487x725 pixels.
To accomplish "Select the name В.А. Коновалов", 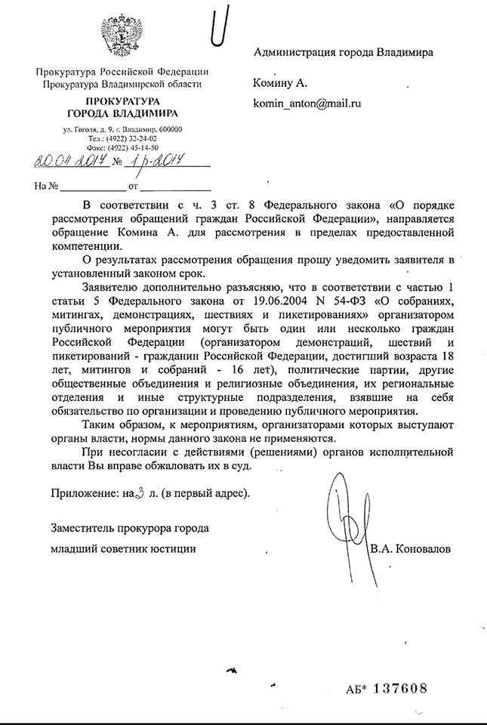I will [411, 550].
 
